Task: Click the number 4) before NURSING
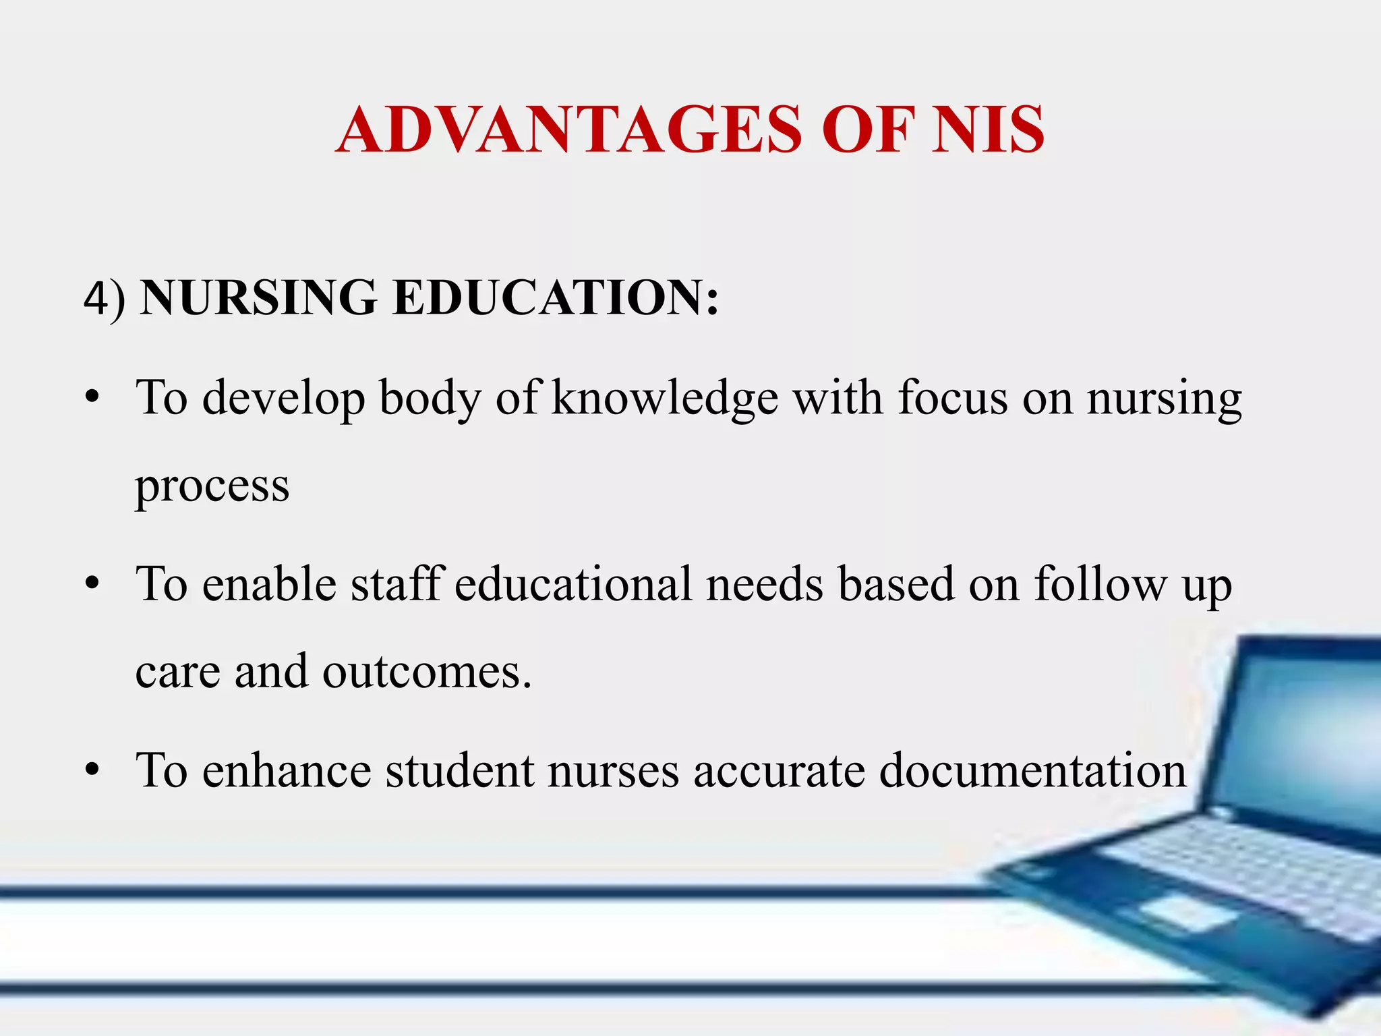tap(105, 299)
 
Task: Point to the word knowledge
tap(665, 398)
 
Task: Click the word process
tap(212, 486)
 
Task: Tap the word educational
tap(573, 583)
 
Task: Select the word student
tap(459, 770)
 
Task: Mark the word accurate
tap(779, 770)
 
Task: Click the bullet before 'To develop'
tap(92, 398)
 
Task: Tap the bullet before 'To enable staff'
tap(92, 584)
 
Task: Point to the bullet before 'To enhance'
tap(92, 770)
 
